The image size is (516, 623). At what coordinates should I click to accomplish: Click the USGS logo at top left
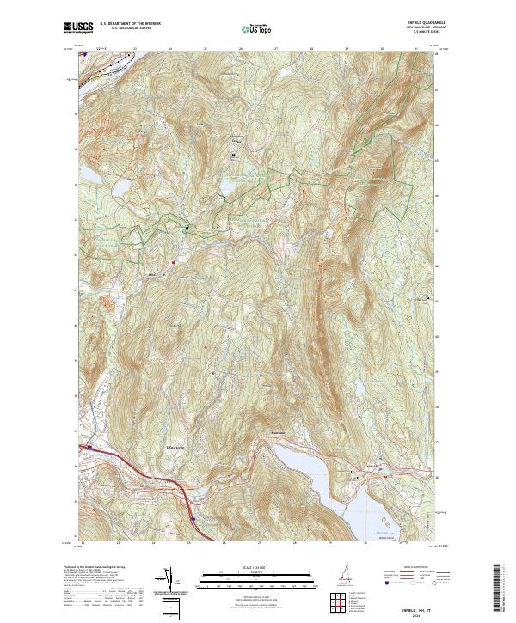coord(79,28)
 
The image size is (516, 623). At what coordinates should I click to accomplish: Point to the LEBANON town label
coord(175,448)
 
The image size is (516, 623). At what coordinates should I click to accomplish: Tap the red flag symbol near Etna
coord(173,263)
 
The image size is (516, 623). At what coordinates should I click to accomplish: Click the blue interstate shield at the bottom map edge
coord(193,519)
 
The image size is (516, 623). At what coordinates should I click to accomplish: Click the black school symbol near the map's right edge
coord(427,298)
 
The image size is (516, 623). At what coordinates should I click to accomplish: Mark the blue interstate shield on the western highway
coord(89,447)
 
